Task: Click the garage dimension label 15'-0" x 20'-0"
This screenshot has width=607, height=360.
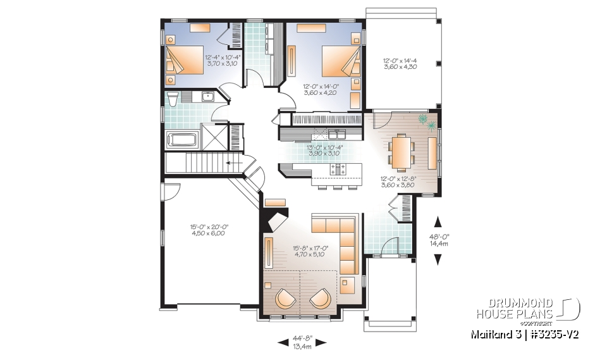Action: click(208, 230)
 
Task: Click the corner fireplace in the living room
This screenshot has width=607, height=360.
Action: click(276, 220)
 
